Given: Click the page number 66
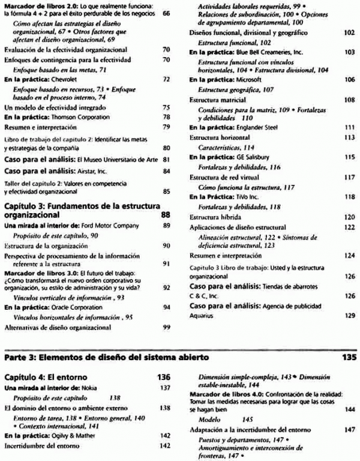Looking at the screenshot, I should [166, 13].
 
